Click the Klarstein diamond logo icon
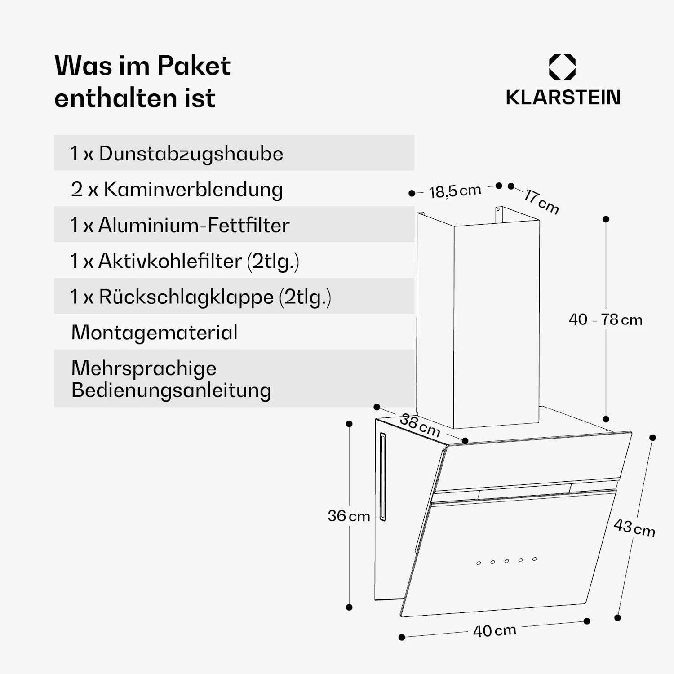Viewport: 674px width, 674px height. coord(562,67)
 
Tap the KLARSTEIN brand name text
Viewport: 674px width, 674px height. coord(563,98)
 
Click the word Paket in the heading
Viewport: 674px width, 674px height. coord(194,66)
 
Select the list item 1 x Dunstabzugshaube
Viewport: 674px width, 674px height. coord(177,154)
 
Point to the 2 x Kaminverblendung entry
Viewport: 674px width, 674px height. coord(177,189)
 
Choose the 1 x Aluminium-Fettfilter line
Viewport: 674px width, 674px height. coord(180,225)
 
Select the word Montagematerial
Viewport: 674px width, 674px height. coord(154,333)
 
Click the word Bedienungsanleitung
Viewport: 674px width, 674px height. coord(171,390)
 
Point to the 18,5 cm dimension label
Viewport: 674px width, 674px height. coord(455,191)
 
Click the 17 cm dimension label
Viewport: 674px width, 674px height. coord(541,202)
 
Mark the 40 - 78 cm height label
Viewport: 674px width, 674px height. coord(605,319)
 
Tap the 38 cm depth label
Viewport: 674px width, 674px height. coord(420,425)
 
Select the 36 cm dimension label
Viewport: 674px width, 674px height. coord(349,516)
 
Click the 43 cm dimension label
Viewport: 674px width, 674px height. coord(634,528)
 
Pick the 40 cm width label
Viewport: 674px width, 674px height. coord(494,630)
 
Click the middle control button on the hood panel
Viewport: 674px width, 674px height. coord(506,561)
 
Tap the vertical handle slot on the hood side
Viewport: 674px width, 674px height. coord(383,477)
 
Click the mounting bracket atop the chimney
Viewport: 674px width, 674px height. coord(498,215)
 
